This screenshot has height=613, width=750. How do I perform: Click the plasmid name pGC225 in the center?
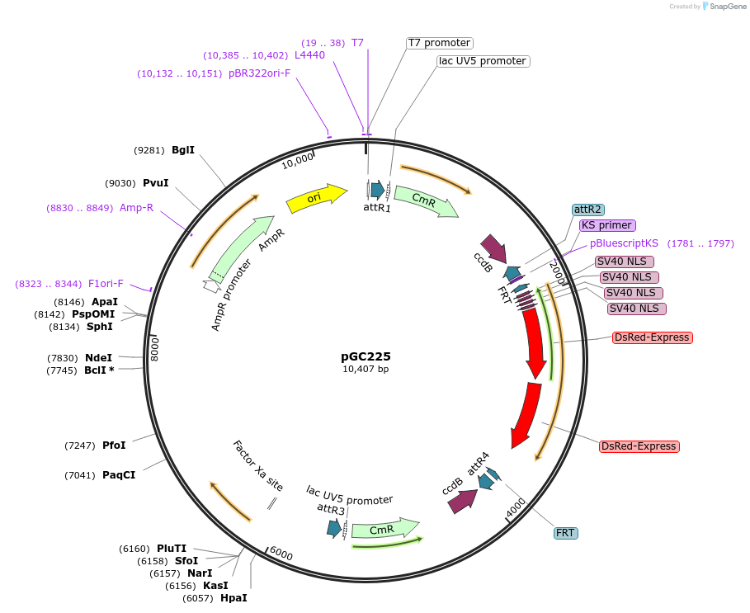366,356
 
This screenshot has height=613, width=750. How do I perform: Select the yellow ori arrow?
316,198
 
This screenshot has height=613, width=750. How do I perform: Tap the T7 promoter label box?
440,43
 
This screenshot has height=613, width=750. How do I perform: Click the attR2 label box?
587,210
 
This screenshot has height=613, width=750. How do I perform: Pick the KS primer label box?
606,225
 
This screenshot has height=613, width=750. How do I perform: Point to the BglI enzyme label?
183,150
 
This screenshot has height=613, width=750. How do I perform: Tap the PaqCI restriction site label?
119,475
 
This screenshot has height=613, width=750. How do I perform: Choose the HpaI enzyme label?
233,598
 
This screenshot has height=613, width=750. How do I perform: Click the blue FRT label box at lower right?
565,533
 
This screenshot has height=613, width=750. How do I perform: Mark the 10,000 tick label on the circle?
298,159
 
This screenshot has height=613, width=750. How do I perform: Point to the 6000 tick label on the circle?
281,554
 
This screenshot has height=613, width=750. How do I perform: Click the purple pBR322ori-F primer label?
259,73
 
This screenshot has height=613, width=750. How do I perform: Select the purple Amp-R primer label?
136,208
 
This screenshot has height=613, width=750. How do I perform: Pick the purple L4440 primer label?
309,55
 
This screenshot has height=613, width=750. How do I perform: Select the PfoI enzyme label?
114,446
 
